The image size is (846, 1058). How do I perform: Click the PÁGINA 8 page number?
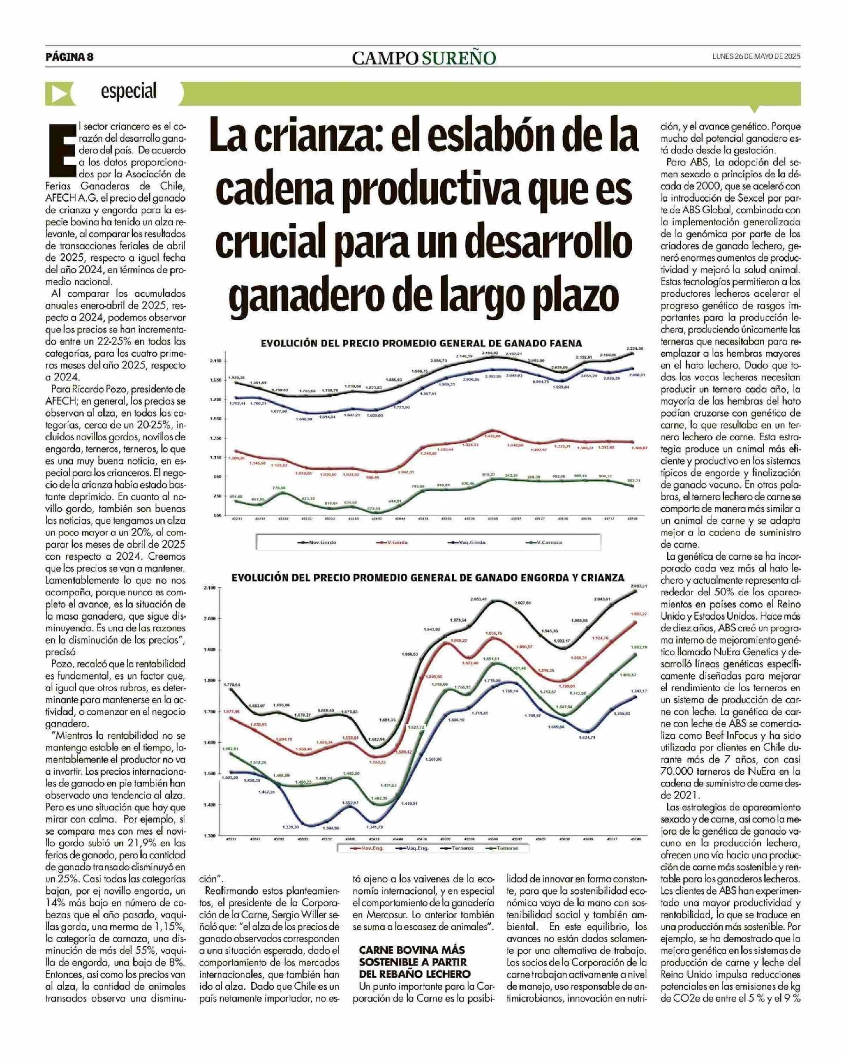69,57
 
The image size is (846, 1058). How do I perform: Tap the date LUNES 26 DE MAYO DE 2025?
756,56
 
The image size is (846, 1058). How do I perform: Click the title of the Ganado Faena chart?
421,343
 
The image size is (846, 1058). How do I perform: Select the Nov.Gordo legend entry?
319,542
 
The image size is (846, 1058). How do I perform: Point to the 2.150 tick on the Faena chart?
216,361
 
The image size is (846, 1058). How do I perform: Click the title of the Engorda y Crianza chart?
428,578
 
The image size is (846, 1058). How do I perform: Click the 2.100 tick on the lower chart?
210,588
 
